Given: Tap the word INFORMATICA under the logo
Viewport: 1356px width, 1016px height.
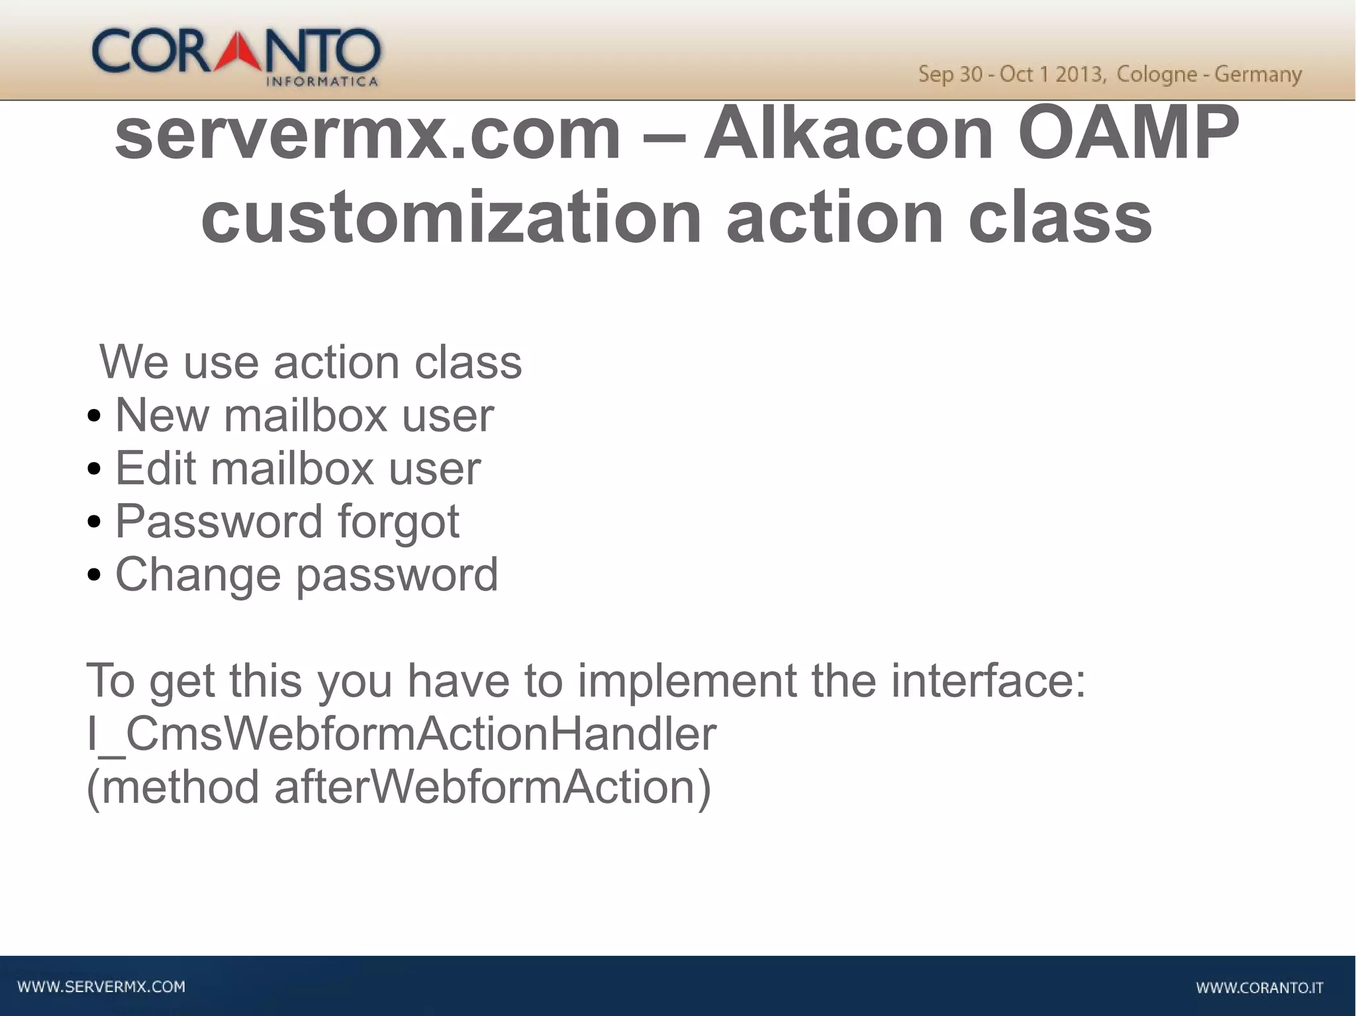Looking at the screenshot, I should click(x=322, y=82).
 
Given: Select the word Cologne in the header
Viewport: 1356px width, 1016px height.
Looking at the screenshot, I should click(x=1157, y=74).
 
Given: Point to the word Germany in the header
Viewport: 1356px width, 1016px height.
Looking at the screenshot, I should click(x=1258, y=74).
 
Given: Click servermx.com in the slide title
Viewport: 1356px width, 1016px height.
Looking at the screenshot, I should click(x=367, y=134).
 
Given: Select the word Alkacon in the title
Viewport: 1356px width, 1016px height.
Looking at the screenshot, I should click(x=848, y=134).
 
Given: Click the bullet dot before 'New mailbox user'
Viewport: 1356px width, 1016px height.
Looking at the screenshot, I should click(x=94, y=417).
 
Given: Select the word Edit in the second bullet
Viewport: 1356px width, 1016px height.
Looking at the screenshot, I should click(x=156, y=469).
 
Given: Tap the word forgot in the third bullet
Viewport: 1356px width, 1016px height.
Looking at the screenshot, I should click(x=399, y=522).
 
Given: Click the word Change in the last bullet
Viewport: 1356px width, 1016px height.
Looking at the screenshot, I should click(x=198, y=575).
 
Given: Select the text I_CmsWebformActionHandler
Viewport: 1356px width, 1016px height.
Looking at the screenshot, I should click(x=401, y=734).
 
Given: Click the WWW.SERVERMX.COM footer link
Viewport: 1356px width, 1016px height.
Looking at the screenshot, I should click(x=101, y=987).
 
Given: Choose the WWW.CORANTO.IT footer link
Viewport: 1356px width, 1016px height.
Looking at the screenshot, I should click(x=1259, y=988).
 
